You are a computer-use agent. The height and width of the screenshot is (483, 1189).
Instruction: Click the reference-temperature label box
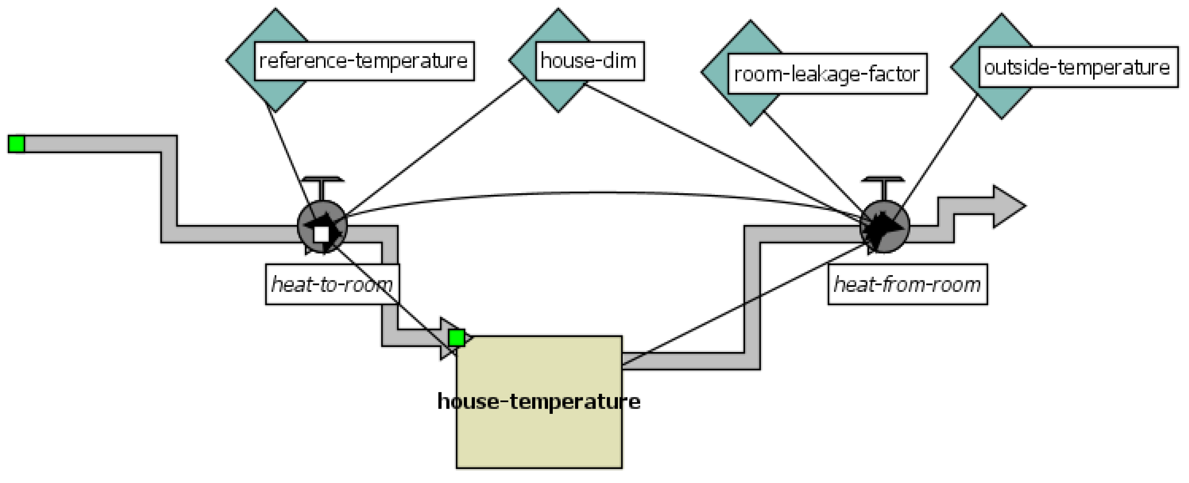[x=364, y=61]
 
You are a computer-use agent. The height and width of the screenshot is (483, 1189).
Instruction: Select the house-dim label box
[x=589, y=61]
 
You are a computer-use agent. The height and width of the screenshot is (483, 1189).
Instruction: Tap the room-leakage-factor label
[x=827, y=74]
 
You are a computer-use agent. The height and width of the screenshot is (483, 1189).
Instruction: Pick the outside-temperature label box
[x=1077, y=67]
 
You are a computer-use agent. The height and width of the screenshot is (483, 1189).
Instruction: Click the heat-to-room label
[x=332, y=284]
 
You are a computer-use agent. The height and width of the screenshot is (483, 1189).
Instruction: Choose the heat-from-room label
[x=907, y=284]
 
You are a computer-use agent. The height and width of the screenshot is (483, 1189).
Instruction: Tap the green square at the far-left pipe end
[x=16, y=144]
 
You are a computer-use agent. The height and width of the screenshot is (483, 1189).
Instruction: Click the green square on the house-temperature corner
[x=456, y=338]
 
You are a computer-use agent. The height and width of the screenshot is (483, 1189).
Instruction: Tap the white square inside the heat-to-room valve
[x=321, y=234]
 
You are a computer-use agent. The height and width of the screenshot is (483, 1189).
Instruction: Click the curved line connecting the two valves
[x=596, y=192]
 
